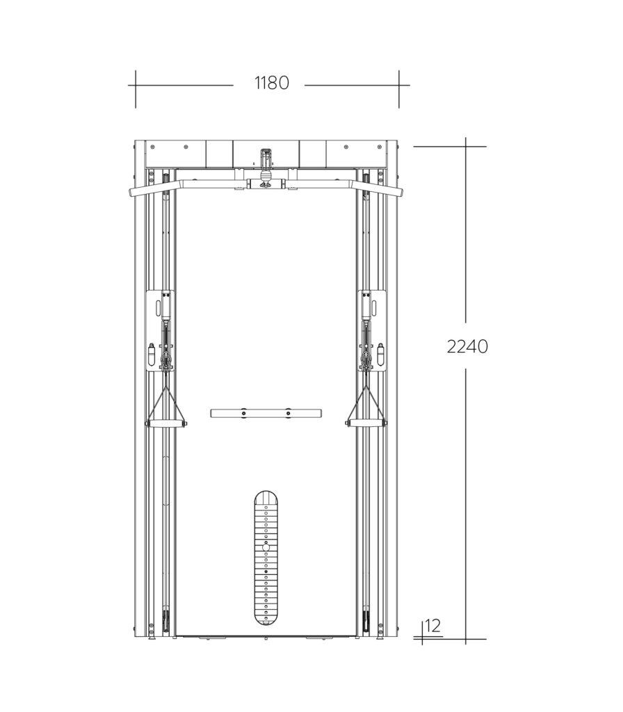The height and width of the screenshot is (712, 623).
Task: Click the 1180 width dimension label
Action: tap(272, 83)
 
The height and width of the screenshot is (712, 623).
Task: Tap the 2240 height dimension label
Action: tap(467, 346)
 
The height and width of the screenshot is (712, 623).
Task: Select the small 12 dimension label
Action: tap(433, 626)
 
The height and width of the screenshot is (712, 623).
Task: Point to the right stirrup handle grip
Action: tap(366, 423)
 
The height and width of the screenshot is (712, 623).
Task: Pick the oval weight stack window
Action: tap(266, 558)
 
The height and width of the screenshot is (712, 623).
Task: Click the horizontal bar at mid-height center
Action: tap(266, 413)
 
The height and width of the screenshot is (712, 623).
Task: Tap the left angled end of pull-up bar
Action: tap(146, 188)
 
